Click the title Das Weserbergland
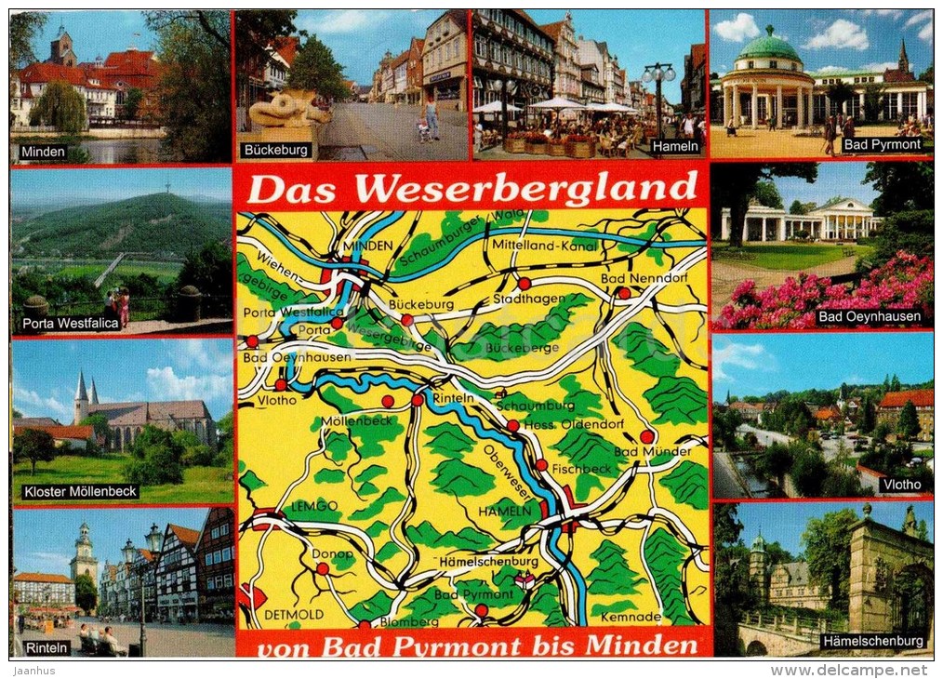(471, 188)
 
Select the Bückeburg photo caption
(275, 149)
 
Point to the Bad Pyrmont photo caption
(882, 145)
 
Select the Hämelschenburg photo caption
(872, 641)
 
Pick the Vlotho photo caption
(902, 484)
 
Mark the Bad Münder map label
(652, 451)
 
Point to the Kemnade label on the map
(631, 616)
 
